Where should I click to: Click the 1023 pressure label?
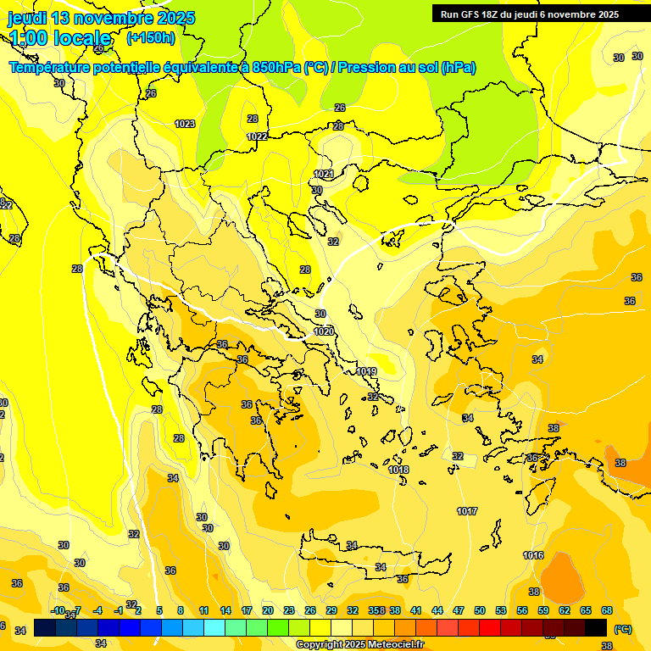click(x=185, y=124)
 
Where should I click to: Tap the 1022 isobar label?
click(x=257, y=136)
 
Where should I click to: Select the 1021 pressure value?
click(x=323, y=174)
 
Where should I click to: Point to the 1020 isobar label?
click(x=323, y=331)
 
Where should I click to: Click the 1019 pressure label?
click(x=366, y=371)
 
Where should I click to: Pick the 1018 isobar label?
click(x=398, y=470)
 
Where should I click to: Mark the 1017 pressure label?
click(x=467, y=510)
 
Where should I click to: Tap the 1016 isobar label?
click(x=533, y=555)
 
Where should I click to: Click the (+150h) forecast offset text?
click(x=150, y=38)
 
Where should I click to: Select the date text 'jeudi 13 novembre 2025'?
click(x=101, y=18)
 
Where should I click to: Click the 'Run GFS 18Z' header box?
click(x=530, y=14)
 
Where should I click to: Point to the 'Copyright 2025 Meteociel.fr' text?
click(x=359, y=645)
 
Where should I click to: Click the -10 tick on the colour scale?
click(x=58, y=610)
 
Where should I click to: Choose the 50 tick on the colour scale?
click(x=480, y=610)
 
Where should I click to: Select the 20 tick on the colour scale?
click(x=268, y=610)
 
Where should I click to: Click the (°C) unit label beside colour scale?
click(x=622, y=629)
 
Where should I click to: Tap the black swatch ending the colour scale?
click(x=596, y=628)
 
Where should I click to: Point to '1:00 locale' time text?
click(x=59, y=38)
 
